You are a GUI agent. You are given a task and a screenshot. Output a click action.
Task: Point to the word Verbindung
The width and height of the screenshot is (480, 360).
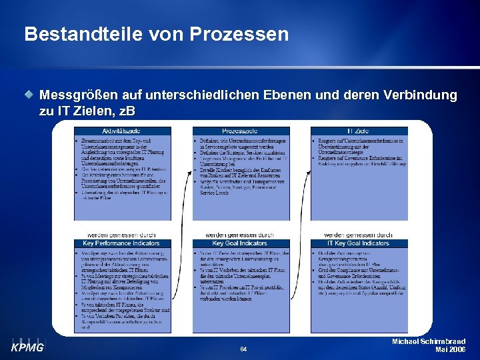[x=418, y=95]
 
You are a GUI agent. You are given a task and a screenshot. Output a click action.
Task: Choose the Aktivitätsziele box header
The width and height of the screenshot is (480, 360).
[x=122, y=130]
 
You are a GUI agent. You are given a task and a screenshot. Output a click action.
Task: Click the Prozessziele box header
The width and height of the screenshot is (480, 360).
[x=241, y=130]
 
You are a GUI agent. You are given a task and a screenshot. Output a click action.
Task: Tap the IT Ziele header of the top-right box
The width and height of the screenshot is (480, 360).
[x=359, y=130]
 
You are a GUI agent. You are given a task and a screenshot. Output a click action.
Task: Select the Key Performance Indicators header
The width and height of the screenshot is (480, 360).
[x=122, y=243]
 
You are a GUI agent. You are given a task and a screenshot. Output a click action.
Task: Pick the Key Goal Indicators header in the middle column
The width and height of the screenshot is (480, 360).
[x=241, y=243]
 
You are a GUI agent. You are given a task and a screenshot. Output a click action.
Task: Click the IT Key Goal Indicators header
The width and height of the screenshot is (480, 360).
[x=359, y=243]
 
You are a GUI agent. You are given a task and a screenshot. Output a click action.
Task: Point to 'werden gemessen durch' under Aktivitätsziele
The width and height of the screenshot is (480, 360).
[x=122, y=235]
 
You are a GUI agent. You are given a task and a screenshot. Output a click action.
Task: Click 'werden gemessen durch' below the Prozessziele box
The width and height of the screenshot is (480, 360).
[x=240, y=235]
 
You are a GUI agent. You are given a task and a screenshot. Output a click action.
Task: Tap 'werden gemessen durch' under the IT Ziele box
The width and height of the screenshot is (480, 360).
[x=358, y=235]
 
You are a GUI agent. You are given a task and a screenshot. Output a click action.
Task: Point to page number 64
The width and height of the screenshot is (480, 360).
[x=243, y=349]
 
